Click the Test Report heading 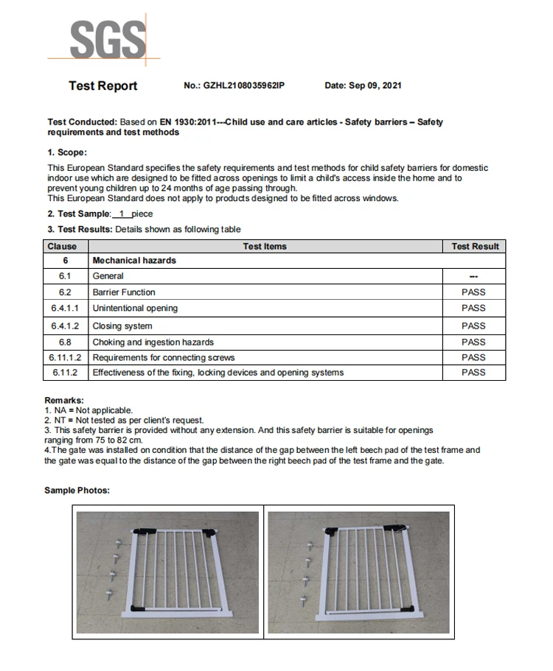(x=103, y=86)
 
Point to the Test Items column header (x=265, y=247)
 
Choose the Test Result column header (x=474, y=247)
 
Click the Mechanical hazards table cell (x=134, y=261)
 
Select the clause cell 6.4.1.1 (x=65, y=309)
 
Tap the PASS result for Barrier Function (x=473, y=292)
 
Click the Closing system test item (x=122, y=326)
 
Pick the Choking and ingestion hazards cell (x=153, y=342)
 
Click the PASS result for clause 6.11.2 (x=473, y=373)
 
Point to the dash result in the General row (x=473, y=277)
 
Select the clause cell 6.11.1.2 (x=65, y=357)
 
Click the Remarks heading (x=64, y=401)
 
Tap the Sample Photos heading (x=77, y=491)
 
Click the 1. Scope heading (x=67, y=152)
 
